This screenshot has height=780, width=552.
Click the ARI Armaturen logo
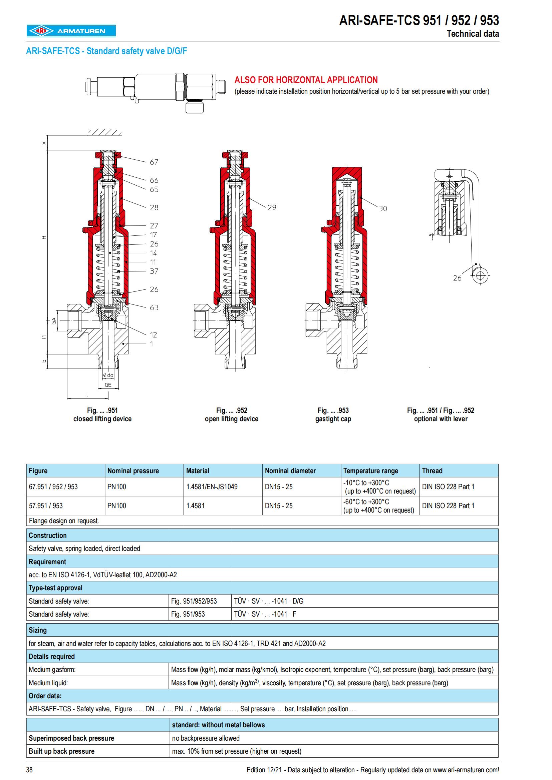[71, 31]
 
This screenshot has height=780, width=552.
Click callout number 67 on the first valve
[154, 162]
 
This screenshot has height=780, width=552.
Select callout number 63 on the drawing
[154, 307]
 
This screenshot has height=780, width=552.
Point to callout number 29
[272, 207]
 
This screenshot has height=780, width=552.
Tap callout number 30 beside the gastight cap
[383, 208]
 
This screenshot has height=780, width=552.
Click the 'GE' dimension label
[108, 385]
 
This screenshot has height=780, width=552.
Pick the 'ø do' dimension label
[108, 375]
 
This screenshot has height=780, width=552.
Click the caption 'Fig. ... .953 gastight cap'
[333, 415]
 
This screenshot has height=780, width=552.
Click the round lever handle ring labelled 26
[480, 275]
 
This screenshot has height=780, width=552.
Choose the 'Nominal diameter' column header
[290, 471]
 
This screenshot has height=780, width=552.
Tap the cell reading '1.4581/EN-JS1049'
[212, 487]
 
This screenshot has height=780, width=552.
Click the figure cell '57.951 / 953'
[46, 506]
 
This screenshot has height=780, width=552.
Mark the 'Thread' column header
[432, 471]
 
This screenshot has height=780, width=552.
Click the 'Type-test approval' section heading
[55, 588]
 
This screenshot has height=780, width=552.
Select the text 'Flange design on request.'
[64, 521]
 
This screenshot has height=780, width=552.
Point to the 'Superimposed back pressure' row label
[71, 738]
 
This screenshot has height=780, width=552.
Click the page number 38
[29, 769]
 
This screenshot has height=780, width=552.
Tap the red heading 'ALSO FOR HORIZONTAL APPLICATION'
[306, 80]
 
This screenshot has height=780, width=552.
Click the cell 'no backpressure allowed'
[206, 738]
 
